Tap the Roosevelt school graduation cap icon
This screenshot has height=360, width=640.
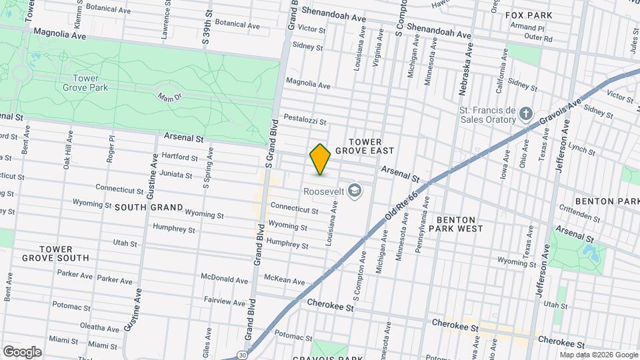coord(355,191)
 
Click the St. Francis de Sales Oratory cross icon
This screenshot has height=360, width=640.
coord(526,113)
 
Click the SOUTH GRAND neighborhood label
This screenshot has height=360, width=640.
coord(149,207)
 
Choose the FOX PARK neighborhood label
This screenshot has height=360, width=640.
coord(529,15)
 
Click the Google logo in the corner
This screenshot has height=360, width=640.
coord(22,351)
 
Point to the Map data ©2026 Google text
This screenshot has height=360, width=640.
coord(598,355)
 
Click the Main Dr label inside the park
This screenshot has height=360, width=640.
coord(169,98)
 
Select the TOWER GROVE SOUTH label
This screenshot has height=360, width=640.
coord(55,253)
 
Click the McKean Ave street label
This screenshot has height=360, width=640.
coord(285,279)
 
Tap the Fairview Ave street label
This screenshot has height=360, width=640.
coord(225,302)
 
